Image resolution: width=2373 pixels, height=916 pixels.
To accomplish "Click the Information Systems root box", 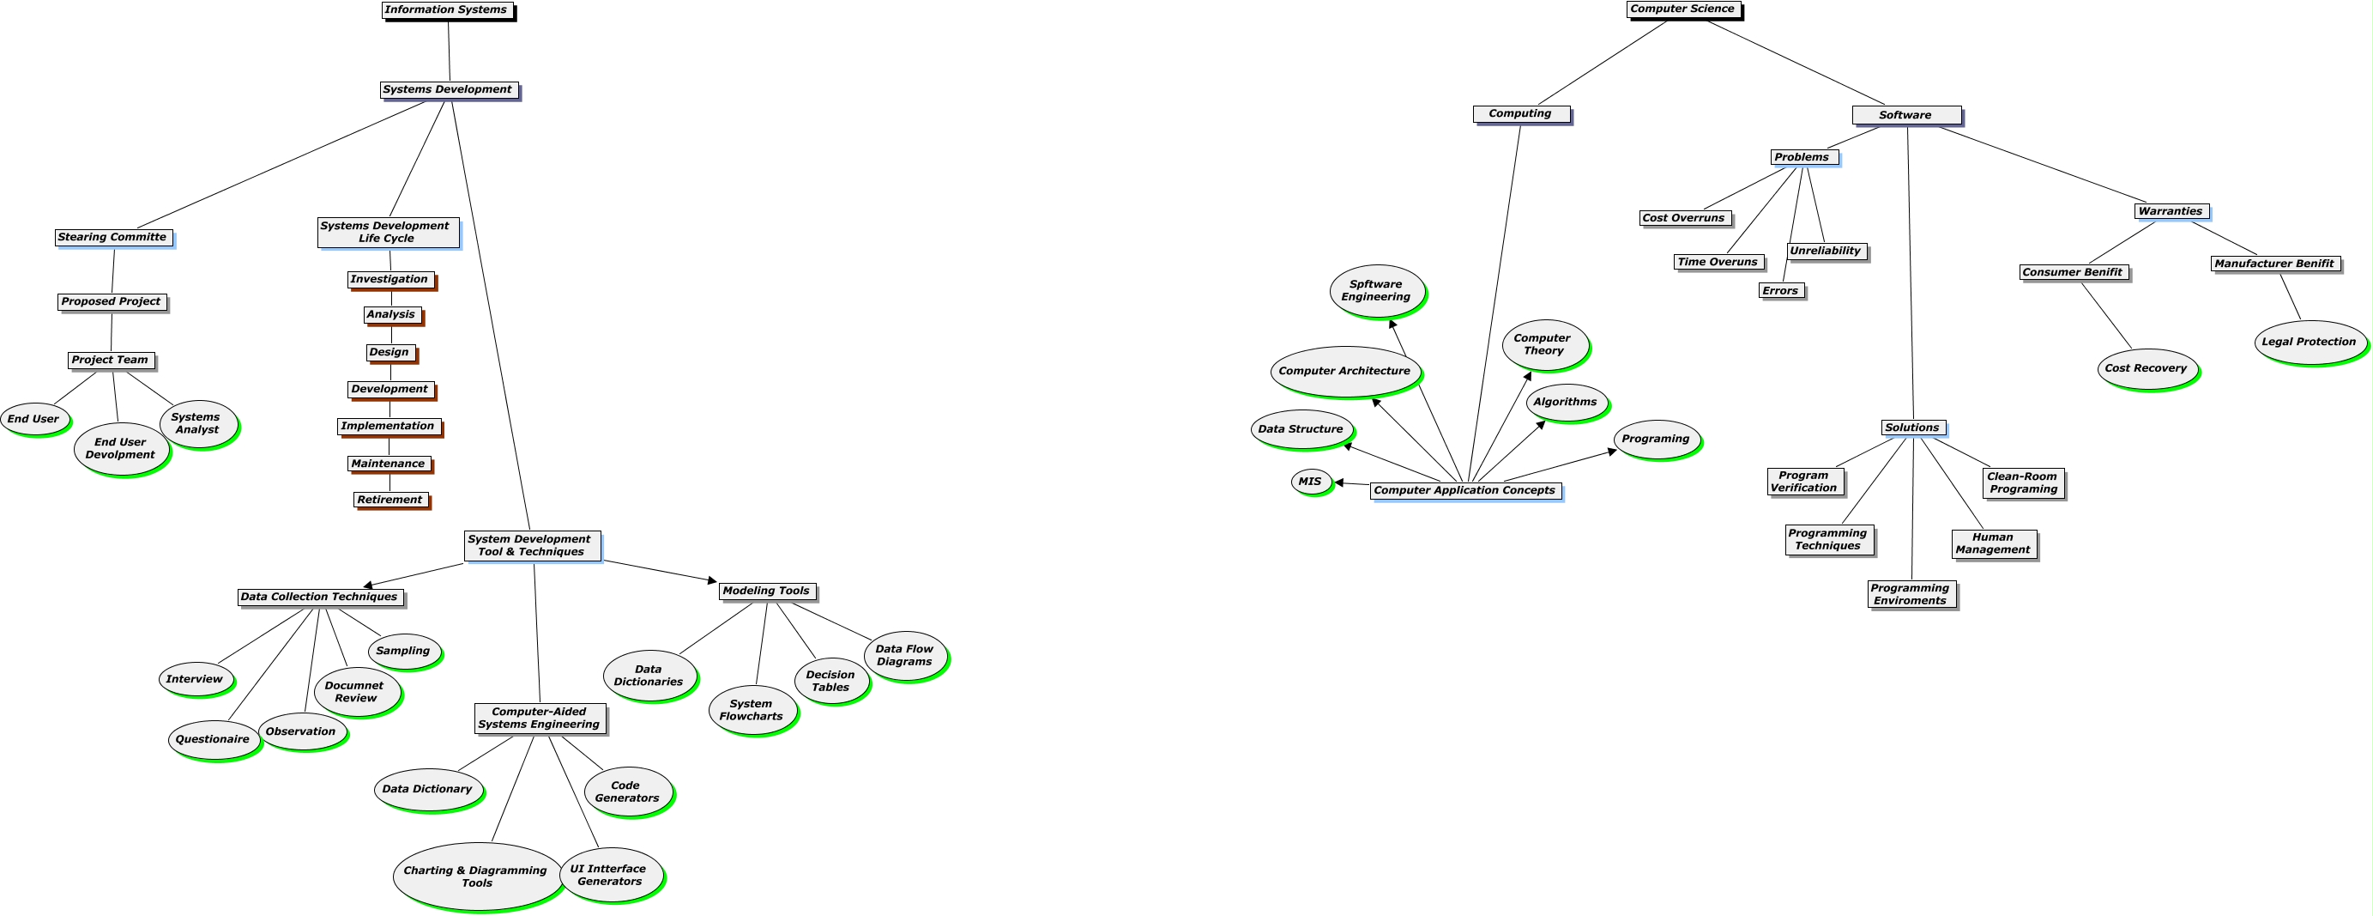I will point(447,10).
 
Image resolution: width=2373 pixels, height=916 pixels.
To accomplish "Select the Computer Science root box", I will point(1683,9).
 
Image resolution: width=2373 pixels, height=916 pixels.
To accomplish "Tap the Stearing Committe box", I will point(113,237).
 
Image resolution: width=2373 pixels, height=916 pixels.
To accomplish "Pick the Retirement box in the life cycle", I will point(390,500).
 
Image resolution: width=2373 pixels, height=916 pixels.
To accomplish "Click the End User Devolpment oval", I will point(121,449).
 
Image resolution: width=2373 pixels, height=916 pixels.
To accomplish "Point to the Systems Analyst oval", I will point(197,424).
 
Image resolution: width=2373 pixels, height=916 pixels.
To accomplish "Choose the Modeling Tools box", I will point(766,591).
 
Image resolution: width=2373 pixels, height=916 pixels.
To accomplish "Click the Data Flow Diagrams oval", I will point(904,655).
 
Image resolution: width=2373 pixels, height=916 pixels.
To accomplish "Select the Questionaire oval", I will point(214,739).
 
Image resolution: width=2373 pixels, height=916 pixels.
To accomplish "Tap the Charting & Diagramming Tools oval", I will point(476,877).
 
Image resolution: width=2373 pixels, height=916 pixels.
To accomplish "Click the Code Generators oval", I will point(627,792).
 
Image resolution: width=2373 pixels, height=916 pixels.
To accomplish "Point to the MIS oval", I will point(1311,481).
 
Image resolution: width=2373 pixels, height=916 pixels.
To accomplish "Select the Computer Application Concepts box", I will point(1464,490).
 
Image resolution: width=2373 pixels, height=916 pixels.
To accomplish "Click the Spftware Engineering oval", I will point(1376,290).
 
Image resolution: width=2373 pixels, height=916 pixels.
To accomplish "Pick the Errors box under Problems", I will point(1781,291).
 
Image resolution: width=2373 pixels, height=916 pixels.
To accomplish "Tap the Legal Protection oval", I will point(2310,342).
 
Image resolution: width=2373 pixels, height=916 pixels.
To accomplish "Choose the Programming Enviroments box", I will point(1911,594).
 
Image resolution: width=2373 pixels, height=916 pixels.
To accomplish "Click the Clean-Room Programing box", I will point(2022,482).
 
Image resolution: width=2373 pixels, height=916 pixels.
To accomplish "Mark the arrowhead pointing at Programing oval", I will point(1612,452).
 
